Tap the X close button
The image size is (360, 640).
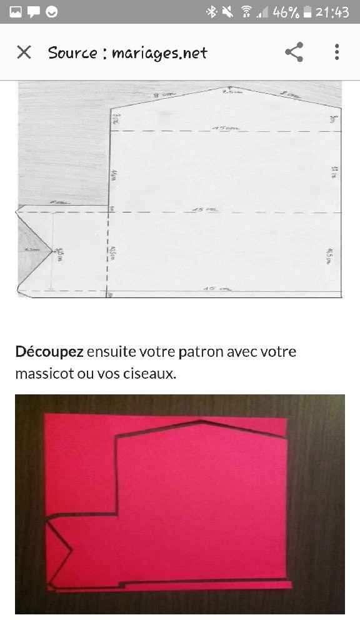click(24, 52)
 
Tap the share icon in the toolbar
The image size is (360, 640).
click(294, 52)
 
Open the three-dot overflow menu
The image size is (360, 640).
click(336, 52)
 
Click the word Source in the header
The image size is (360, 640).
click(72, 53)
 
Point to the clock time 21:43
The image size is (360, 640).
click(332, 12)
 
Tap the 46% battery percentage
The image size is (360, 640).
click(286, 12)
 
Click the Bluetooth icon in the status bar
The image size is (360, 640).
click(212, 12)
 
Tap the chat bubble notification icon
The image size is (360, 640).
click(34, 12)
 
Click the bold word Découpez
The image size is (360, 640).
click(49, 351)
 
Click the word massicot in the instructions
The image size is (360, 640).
click(42, 374)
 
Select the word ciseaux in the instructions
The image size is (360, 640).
click(152, 374)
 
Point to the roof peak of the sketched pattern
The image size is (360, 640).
click(230, 87)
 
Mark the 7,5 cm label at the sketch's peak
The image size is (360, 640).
click(231, 92)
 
